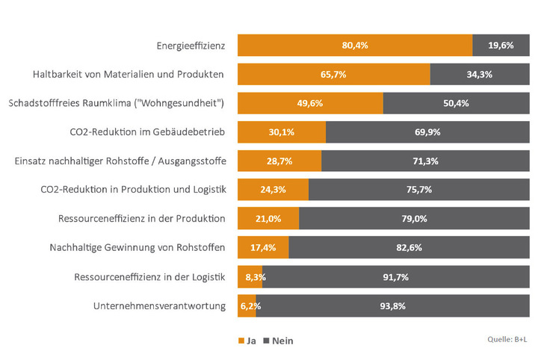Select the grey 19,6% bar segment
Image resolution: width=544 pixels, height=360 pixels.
coord(500,46)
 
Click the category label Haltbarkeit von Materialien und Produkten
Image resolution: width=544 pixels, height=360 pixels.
coord(129,75)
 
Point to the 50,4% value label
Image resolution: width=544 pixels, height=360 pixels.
coord(455,103)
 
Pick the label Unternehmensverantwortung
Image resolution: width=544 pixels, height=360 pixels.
coord(159,305)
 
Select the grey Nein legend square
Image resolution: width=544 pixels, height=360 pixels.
coord(265,341)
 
